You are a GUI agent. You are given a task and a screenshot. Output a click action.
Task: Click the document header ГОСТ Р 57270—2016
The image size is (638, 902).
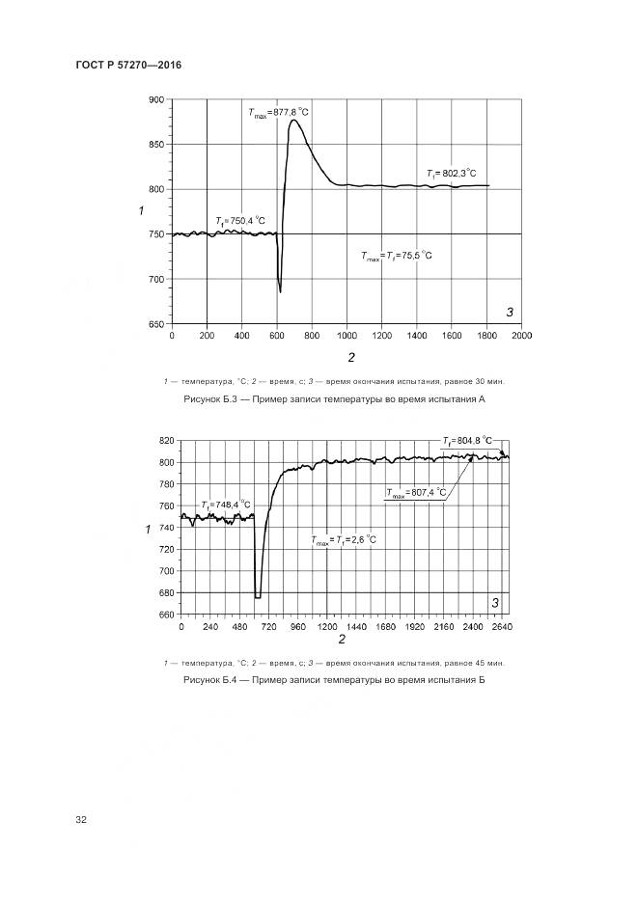129,65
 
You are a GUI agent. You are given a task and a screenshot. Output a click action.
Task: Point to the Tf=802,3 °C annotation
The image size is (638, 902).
451,174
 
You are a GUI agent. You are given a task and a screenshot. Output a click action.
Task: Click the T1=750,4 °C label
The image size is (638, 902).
240,221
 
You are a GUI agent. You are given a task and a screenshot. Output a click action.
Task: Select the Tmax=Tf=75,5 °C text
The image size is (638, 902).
397,256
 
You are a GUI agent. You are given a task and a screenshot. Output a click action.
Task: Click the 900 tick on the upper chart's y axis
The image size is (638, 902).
154,99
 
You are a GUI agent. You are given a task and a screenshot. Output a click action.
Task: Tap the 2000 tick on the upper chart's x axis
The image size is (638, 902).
522,336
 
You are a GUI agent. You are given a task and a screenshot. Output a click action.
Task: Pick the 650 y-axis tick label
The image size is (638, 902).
154,324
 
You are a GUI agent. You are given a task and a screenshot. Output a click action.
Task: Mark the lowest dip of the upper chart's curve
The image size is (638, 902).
280,291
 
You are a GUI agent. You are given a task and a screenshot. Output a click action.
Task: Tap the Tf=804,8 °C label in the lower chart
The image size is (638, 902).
467,441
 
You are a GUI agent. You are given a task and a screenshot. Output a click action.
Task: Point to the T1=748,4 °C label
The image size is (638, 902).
226,505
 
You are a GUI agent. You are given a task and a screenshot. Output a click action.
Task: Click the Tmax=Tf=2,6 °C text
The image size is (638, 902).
344,541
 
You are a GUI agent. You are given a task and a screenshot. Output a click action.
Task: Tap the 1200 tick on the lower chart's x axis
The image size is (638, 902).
326,627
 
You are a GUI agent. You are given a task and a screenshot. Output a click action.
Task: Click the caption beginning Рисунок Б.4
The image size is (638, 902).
332,680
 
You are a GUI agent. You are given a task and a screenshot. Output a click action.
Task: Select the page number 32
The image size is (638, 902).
81,820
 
